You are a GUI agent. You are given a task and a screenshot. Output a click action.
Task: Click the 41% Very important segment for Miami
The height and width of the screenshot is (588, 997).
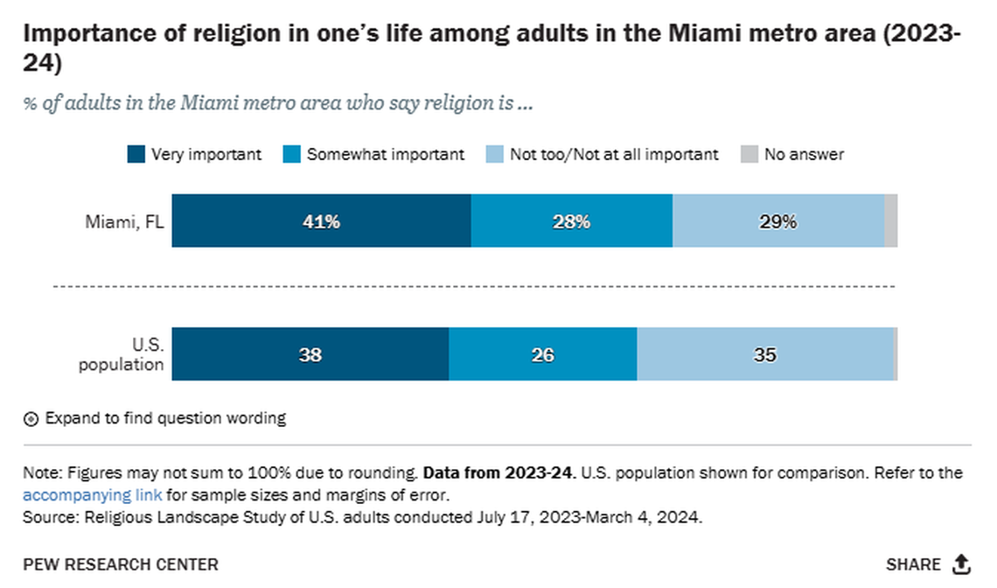tap(321, 221)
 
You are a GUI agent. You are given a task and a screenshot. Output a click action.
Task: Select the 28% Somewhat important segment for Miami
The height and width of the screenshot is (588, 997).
tap(571, 221)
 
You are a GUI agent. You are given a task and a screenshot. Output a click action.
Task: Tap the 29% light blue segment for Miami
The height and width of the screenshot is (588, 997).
tap(777, 221)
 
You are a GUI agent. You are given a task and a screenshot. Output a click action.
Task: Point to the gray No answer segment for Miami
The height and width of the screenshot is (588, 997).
tap(890, 221)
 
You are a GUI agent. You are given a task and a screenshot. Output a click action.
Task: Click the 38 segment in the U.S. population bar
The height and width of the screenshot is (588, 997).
tap(310, 354)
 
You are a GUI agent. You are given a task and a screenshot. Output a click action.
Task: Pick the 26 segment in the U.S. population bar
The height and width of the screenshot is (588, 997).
tap(542, 354)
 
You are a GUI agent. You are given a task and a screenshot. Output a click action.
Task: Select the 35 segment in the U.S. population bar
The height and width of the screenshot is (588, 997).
tap(765, 354)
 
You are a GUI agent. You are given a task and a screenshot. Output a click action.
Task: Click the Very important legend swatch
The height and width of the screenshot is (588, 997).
tap(136, 155)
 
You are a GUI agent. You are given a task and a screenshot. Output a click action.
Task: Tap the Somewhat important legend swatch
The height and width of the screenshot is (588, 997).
tap(291, 155)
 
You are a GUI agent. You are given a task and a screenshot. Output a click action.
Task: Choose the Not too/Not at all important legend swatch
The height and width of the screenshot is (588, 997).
tap(494, 155)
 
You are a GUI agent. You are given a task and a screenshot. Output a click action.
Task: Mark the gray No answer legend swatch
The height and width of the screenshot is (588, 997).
tap(749, 155)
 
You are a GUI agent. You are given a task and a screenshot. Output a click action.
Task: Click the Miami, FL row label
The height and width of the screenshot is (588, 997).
tap(124, 221)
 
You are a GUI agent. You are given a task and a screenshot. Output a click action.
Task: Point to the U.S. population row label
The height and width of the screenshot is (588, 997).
tap(121, 354)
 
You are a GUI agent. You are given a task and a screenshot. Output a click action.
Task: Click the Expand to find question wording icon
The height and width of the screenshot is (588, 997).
tap(31, 419)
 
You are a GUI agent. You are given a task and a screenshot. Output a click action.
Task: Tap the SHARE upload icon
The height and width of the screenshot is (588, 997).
tap(961, 564)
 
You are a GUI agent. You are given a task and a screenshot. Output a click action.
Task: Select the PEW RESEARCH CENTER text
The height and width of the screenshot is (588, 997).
tap(121, 564)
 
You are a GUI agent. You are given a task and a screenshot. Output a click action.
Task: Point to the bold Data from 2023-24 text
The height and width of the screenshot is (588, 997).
tap(498, 473)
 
